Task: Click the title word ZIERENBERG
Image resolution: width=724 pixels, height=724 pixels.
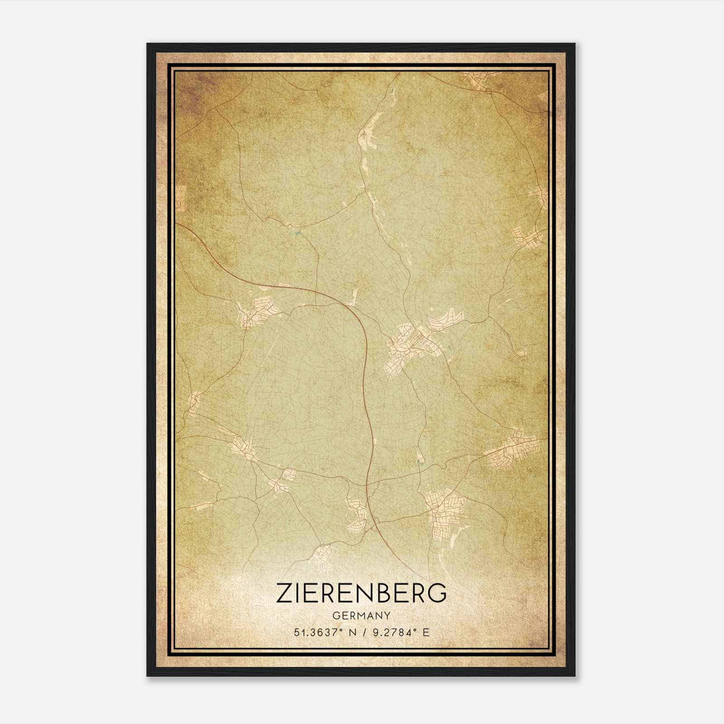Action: tap(362, 592)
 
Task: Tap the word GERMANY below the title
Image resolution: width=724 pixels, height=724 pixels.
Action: tap(362, 615)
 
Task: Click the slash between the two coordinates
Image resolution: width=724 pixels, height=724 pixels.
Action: tap(360, 633)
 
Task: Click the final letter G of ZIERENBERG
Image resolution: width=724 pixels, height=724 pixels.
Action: tap(438, 592)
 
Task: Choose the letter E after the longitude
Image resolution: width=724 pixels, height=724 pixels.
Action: tap(425, 633)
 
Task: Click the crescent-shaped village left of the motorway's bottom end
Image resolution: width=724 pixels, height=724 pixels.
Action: tap(355, 514)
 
